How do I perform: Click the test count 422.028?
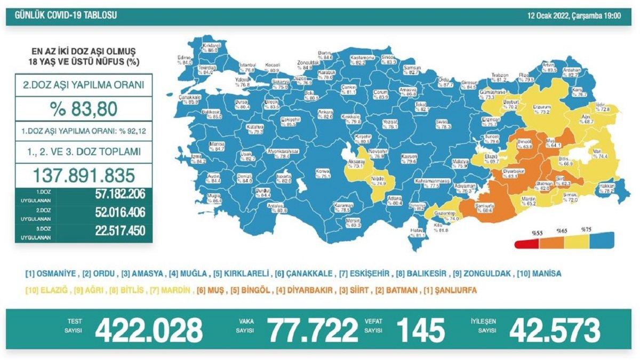click(x=149, y=330)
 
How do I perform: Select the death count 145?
click(x=420, y=330)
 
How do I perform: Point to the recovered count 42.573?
click(x=555, y=330)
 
